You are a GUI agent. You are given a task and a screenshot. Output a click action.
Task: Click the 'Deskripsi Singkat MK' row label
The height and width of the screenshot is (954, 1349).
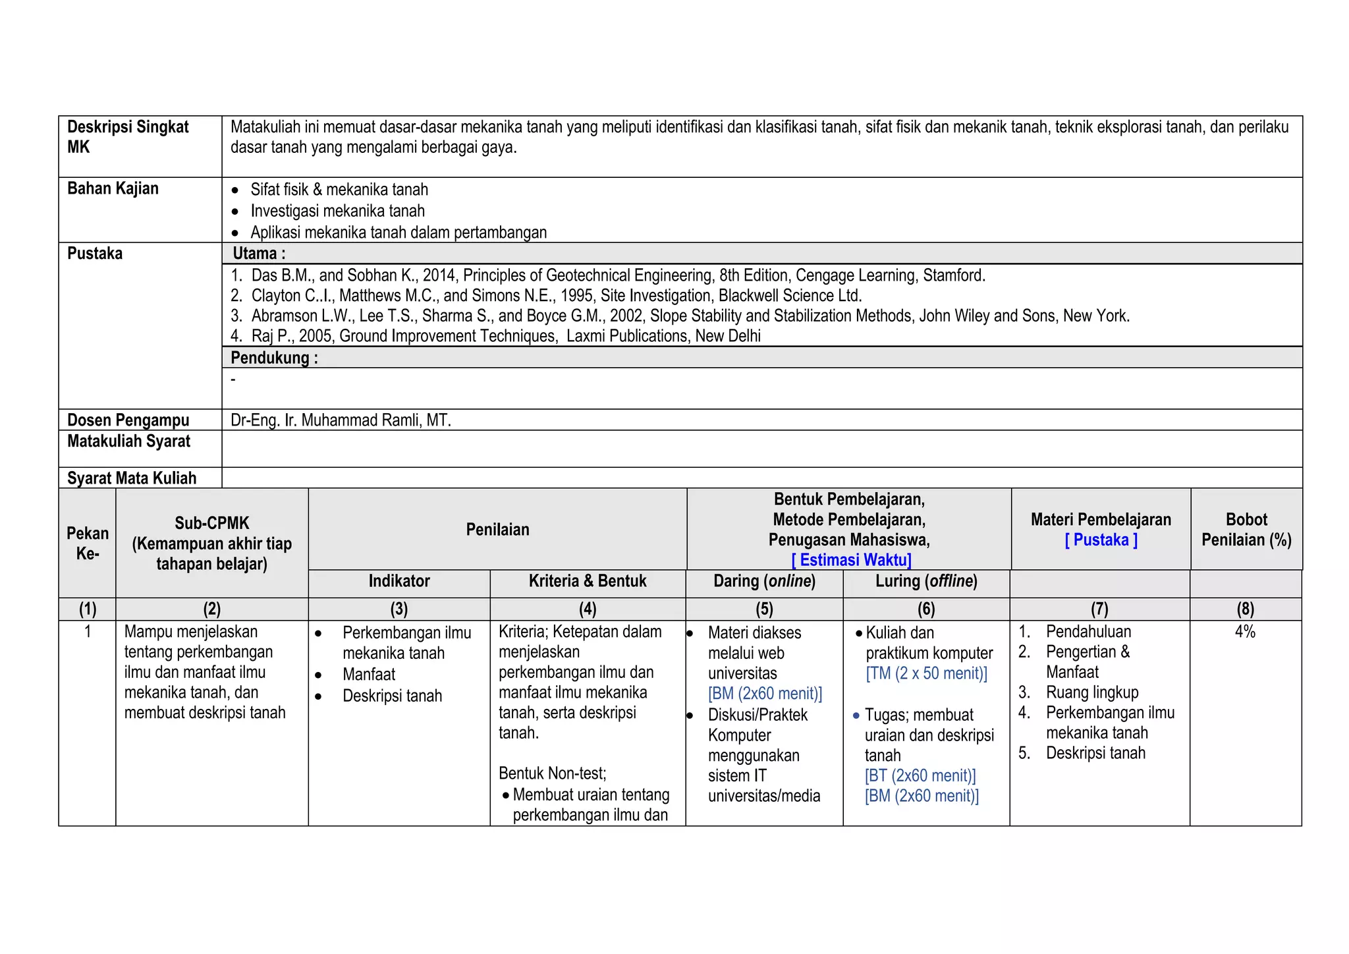[x=128, y=137]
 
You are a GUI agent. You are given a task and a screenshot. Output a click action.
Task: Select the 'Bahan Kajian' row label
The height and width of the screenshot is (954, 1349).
[x=113, y=189]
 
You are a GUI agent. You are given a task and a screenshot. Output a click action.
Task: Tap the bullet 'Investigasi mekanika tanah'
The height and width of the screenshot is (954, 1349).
[x=337, y=211]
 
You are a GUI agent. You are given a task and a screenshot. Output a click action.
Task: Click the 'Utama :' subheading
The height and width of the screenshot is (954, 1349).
[x=259, y=254]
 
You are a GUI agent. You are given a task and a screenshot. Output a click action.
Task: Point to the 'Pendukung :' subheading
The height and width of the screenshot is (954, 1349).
[x=274, y=358]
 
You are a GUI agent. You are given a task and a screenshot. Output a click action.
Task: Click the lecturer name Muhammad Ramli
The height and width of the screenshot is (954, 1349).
[x=341, y=420]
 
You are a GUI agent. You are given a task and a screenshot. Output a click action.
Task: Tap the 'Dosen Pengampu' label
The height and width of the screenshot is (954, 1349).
[x=128, y=420]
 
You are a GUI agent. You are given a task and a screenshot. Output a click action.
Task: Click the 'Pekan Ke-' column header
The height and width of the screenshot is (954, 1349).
[x=88, y=544]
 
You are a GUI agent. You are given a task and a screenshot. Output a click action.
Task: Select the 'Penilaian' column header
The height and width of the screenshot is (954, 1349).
[x=497, y=530]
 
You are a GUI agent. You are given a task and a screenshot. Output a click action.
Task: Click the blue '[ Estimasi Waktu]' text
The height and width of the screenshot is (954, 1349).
[x=851, y=560]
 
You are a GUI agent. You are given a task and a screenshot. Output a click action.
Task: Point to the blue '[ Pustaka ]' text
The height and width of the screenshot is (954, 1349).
[x=1101, y=540]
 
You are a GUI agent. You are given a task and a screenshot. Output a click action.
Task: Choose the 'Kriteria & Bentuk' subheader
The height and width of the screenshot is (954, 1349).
[x=588, y=581]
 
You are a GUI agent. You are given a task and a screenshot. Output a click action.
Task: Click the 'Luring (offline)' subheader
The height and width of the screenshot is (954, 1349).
[x=926, y=581]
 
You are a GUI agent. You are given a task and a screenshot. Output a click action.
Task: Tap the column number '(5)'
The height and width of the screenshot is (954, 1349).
[x=764, y=609]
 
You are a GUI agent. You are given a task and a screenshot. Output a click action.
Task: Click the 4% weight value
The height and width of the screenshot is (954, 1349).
[x=1245, y=632]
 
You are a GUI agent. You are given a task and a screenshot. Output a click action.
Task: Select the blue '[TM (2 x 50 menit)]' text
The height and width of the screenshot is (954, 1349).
[x=927, y=673]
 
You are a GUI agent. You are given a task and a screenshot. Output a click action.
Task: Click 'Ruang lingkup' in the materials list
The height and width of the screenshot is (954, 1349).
[x=1091, y=692]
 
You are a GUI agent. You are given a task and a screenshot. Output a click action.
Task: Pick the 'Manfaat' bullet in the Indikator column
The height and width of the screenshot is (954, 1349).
[x=369, y=675]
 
